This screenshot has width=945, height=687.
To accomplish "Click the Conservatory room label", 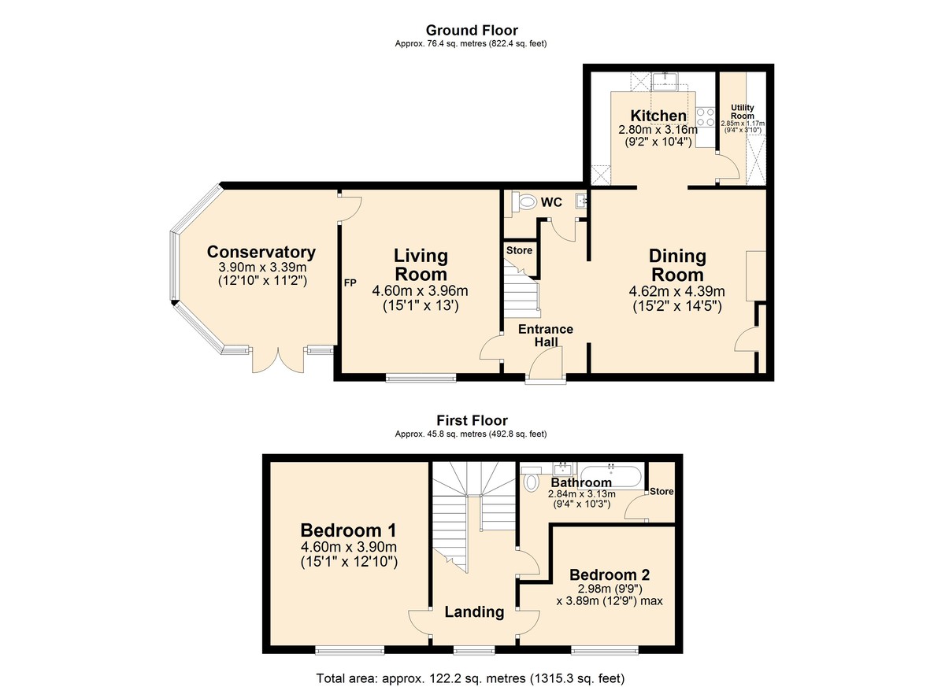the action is pyautogui.click(x=261, y=252).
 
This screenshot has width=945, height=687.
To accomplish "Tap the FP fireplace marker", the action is pyautogui.click(x=350, y=283).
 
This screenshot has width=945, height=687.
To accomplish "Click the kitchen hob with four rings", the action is pyautogui.click(x=705, y=116).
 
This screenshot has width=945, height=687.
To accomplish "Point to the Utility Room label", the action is pyautogui.click(x=743, y=112).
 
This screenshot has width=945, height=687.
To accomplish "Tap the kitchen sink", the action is pyautogui.click(x=665, y=81).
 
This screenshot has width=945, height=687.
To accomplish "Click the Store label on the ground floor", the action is pyautogui.click(x=519, y=250).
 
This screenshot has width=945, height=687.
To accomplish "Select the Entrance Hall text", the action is pyautogui.click(x=546, y=335).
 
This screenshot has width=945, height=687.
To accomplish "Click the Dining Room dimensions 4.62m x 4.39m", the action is pyautogui.click(x=676, y=291).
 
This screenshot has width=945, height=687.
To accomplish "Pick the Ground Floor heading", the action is pyautogui.click(x=472, y=31).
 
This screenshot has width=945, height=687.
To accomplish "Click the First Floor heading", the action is pyautogui.click(x=472, y=420).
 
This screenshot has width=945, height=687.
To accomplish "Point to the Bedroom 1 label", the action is pyautogui.click(x=348, y=530).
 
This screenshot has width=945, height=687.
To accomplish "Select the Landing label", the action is pyautogui.click(x=474, y=611).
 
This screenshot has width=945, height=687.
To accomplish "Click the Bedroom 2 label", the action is pyautogui.click(x=610, y=575).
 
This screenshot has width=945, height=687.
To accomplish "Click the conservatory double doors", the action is pyautogui.click(x=278, y=360).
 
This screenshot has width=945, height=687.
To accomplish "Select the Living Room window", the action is pyautogui.click(x=421, y=378).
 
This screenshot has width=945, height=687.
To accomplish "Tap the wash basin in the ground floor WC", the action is pyautogui.click(x=581, y=202).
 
